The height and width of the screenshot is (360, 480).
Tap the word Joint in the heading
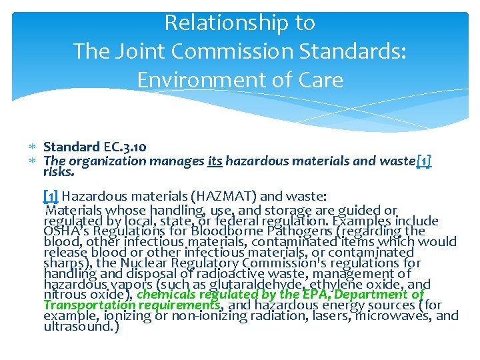pyautogui.click(x=151, y=51)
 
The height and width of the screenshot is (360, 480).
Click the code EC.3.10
pyautogui.click(x=125, y=147)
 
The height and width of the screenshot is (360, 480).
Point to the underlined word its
pyautogui.click(x=215, y=160)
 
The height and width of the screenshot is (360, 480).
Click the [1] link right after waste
pyautogui.click(x=423, y=160)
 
